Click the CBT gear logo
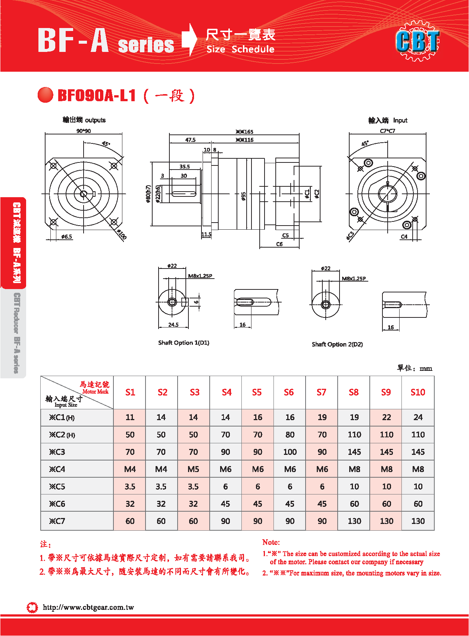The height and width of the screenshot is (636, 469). pos(418,41)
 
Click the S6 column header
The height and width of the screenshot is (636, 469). pos(289,392)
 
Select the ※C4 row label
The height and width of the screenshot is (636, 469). pos(57,469)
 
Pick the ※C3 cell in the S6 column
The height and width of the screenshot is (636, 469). pos(290,452)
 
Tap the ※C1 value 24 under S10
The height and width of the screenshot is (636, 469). pos(418,417)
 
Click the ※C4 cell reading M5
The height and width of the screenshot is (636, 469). pos(193,469)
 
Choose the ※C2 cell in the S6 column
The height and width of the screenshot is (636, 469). pos(290,435)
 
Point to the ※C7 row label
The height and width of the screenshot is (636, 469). pos(57,521)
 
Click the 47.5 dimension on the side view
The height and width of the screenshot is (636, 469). pos(190,140)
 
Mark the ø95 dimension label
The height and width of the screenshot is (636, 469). pos(244,196)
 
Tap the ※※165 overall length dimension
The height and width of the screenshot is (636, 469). pos(244,132)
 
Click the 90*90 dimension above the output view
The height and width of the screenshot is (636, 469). pos(84,131)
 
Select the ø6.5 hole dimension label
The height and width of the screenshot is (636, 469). pos(66,237)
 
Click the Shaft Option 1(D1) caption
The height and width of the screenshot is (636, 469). pos(184,343)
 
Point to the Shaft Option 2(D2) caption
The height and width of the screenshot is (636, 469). pos(337,344)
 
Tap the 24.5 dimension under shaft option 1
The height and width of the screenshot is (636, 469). pos(173,325)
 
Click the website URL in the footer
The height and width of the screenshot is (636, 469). pos(88,607)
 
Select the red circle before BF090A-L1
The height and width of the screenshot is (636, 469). pos(46,95)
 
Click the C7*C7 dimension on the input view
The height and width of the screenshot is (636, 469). pos(387,131)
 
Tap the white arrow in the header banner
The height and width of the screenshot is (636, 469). pos(190,39)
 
